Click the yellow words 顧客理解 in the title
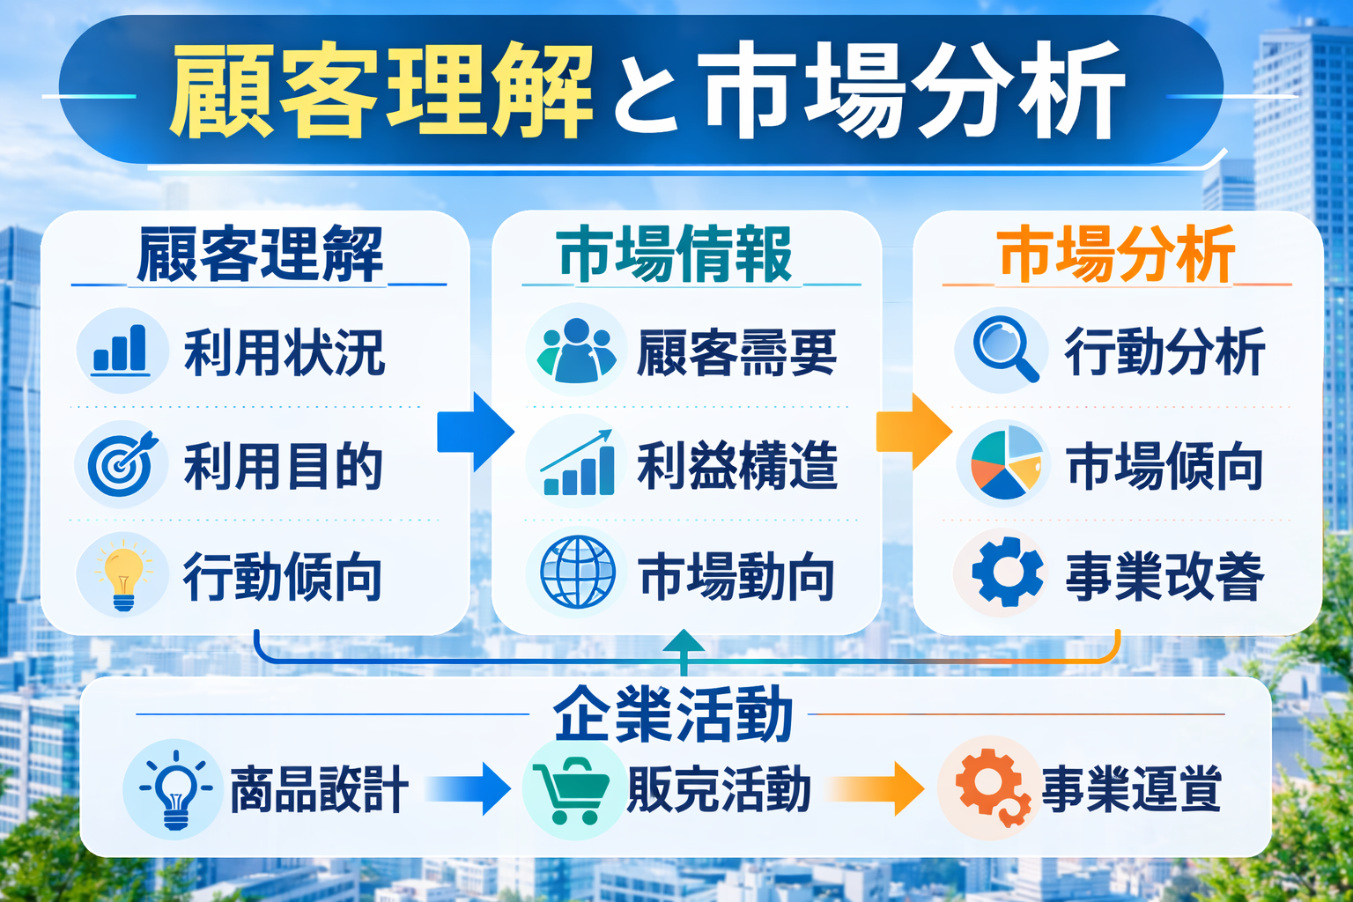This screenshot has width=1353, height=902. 381,92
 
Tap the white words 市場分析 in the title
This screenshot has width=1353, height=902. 914,92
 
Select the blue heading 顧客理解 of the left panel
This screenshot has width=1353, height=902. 260,255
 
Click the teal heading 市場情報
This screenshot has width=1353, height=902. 675,255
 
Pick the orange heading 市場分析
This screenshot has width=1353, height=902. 1116,255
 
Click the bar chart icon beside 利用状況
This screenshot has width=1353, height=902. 121,350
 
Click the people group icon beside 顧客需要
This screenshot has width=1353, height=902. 576,350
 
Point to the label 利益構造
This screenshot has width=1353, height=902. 736,465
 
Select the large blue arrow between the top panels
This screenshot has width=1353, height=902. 477,432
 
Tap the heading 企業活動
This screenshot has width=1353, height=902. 673,715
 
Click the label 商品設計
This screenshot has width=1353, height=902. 319,789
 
